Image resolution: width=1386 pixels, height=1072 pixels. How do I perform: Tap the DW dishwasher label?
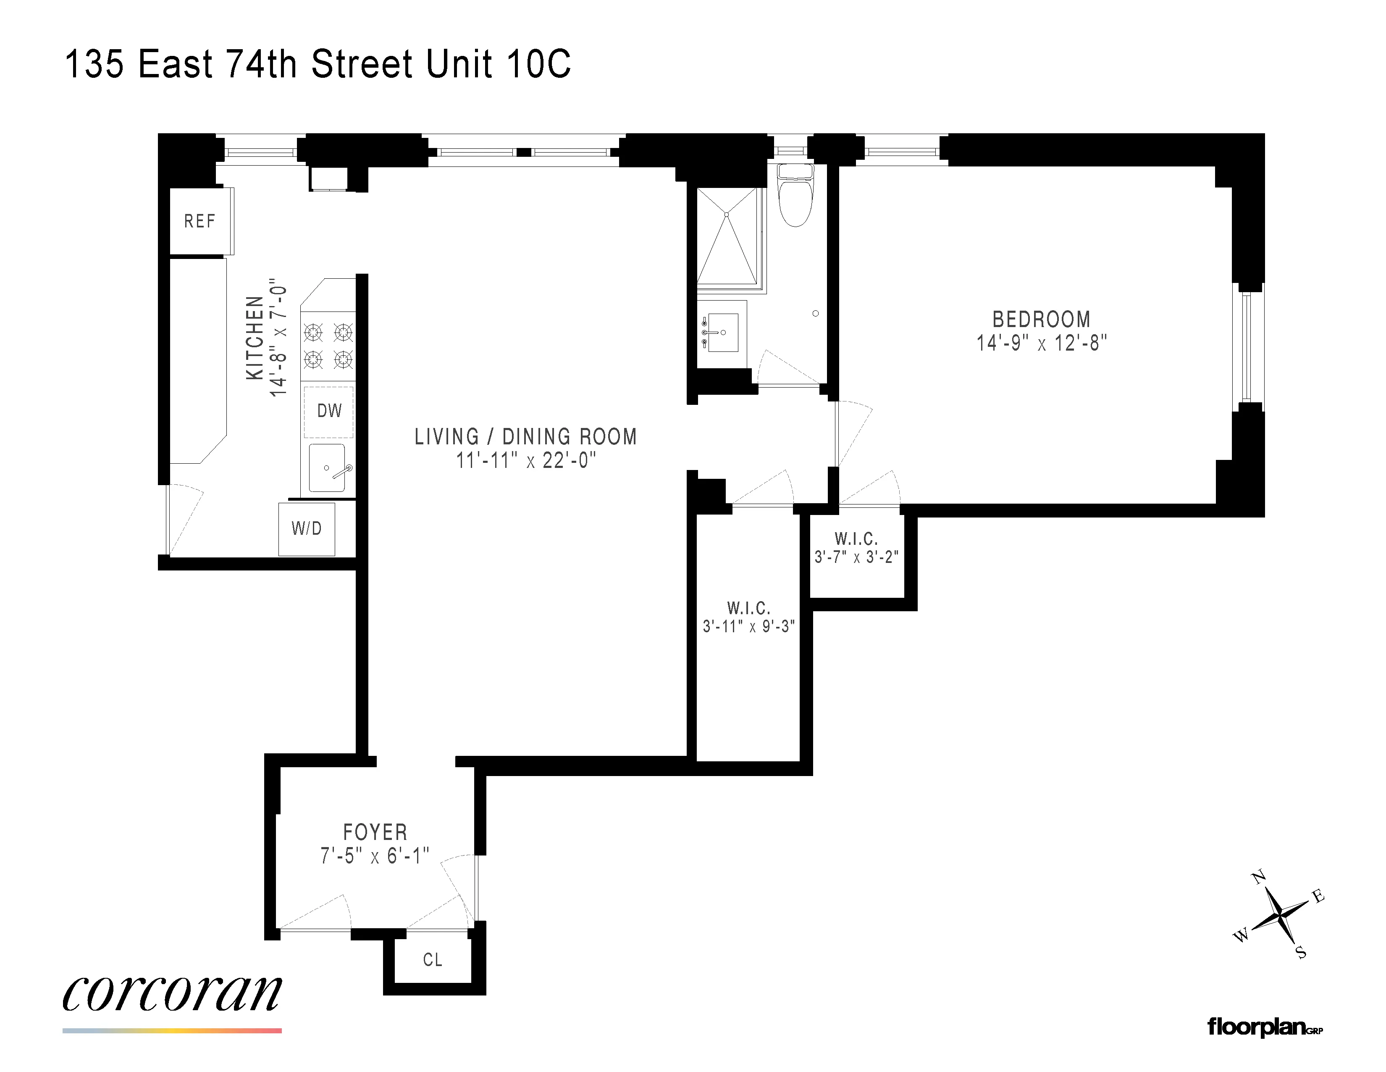point(329,411)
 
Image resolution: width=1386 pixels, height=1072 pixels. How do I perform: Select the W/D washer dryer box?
point(307,528)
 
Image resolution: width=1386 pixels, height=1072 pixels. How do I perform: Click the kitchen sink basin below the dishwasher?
point(327,468)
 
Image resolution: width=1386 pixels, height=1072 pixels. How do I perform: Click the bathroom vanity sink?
point(722,332)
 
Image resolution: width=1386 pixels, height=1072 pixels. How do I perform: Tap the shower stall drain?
point(727,215)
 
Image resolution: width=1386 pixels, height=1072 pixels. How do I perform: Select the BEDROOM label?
point(1041,319)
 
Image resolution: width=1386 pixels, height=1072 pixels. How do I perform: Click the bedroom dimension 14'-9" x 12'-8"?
point(1041,343)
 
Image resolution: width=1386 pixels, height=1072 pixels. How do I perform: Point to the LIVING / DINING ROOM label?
point(525,437)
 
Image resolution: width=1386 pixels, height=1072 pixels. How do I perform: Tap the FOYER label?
point(375,832)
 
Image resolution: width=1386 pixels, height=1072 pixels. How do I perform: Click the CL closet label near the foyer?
point(432,960)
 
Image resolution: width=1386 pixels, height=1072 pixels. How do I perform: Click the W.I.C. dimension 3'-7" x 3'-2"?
point(856,557)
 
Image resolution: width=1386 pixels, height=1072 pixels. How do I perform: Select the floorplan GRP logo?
point(1264,1027)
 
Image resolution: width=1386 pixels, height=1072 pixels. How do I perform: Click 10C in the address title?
point(539,64)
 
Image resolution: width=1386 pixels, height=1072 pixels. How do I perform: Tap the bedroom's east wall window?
point(1247,347)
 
